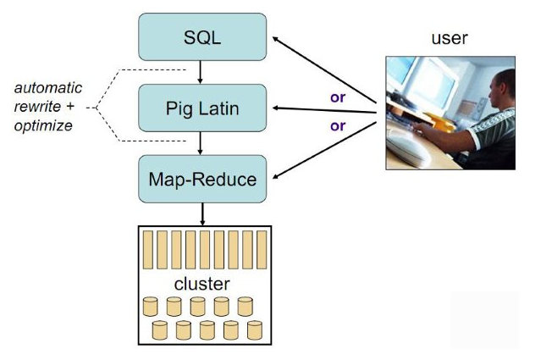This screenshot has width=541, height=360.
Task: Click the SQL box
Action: pos(201,38)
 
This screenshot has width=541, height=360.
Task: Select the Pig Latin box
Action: pos(201,108)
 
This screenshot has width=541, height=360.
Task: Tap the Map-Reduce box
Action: pos(201,179)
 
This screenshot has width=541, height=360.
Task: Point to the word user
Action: pos(449,38)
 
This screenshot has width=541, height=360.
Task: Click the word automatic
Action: pos(49,87)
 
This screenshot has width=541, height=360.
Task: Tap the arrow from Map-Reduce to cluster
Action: pos(201,213)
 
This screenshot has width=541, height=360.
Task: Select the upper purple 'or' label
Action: pos(338,97)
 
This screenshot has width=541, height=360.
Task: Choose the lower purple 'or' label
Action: pos(338,125)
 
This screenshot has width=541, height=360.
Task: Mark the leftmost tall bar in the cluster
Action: pos(151,250)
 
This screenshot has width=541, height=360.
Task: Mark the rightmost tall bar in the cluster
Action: pos(259,250)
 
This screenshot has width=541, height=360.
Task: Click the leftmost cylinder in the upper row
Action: pos(150,306)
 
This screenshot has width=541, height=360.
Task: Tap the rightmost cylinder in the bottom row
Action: pos(254,330)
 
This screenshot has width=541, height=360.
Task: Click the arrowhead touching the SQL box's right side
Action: pos(274,38)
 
